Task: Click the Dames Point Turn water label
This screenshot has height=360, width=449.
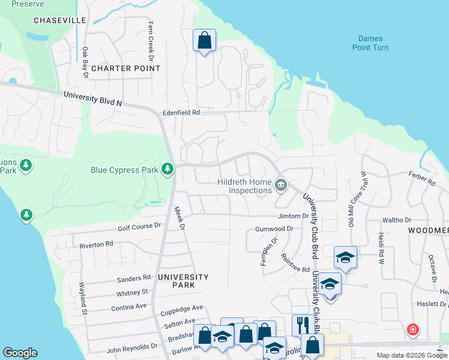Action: point(369,43)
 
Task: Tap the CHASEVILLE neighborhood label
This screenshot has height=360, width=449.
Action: point(60,20)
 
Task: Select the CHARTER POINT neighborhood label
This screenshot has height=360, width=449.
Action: point(126,68)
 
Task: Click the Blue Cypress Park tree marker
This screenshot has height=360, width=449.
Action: point(167,170)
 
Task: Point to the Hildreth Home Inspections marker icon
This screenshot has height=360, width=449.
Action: point(280,187)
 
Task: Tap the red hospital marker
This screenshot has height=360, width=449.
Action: point(412,329)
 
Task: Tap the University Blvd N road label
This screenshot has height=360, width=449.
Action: point(92,99)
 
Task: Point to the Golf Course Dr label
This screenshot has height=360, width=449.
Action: point(140,226)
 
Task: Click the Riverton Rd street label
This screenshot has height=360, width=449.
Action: point(97,244)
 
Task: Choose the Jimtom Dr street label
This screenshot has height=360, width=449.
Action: point(293,216)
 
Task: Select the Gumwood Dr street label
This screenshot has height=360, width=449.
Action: point(274,229)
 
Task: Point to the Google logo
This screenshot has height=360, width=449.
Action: point(20,353)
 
